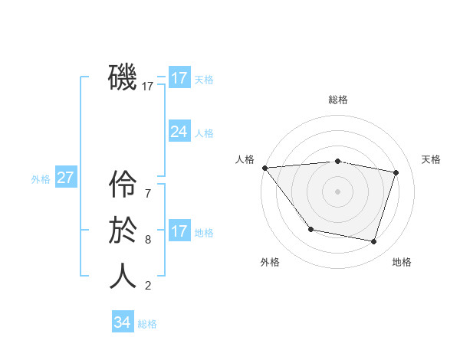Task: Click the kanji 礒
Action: [x=123, y=77]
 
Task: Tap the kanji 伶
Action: [x=123, y=185]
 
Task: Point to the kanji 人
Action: [x=123, y=277]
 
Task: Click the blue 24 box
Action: [x=179, y=132]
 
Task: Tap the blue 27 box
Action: [x=65, y=178]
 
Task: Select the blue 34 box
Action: [x=123, y=322]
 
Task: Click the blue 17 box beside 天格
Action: [x=179, y=77]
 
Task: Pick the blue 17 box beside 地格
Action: [x=179, y=231]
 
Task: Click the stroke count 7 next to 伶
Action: [x=148, y=194]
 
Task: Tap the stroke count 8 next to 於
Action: [x=148, y=240]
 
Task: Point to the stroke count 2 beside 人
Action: [x=148, y=286]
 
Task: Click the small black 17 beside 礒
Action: [x=148, y=87]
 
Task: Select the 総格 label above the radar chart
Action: [x=338, y=100]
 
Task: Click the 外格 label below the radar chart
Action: [x=270, y=262]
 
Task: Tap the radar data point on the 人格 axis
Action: [x=264, y=168]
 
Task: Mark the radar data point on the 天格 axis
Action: [x=396, y=172]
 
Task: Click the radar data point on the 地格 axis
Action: [x=373, y=241]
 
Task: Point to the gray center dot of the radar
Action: [x=338, y=191]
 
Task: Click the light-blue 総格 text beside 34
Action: [x=147, y=324]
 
